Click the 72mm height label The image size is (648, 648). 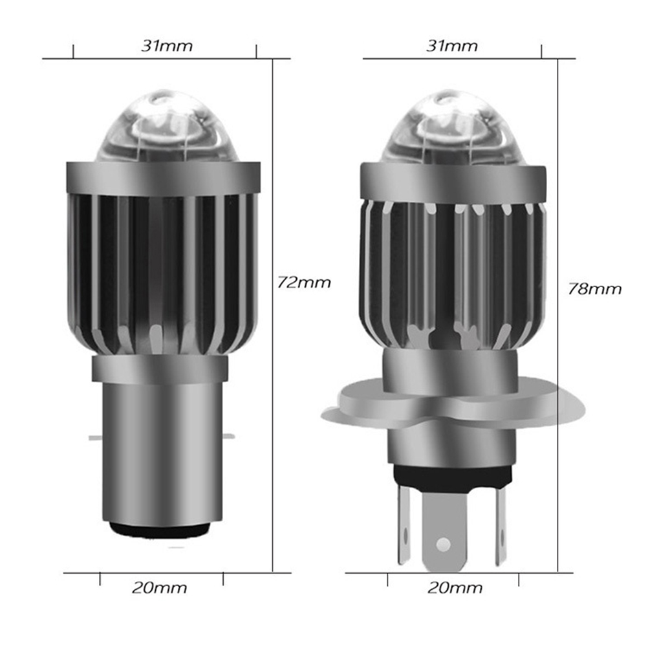pyautogui.click(x=304, y=283)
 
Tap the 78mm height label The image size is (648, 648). pyautogui.click(x=595, y=289)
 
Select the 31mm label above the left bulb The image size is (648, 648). pyautogui.click(x=167, y=45)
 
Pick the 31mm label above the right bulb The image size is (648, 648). pyautogui.click(x=452, y=45)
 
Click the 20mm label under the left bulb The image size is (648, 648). pyautogui.click(x=160, y=588)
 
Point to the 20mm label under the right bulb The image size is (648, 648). pyautogui.click(x=455, y=588)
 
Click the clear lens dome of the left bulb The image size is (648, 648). pyautogui.click(x=163, y=126)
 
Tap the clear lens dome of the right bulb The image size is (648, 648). pyautogui.click(x=448, y=126)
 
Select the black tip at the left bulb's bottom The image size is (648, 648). pyautogui.click(x=160, y=530)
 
